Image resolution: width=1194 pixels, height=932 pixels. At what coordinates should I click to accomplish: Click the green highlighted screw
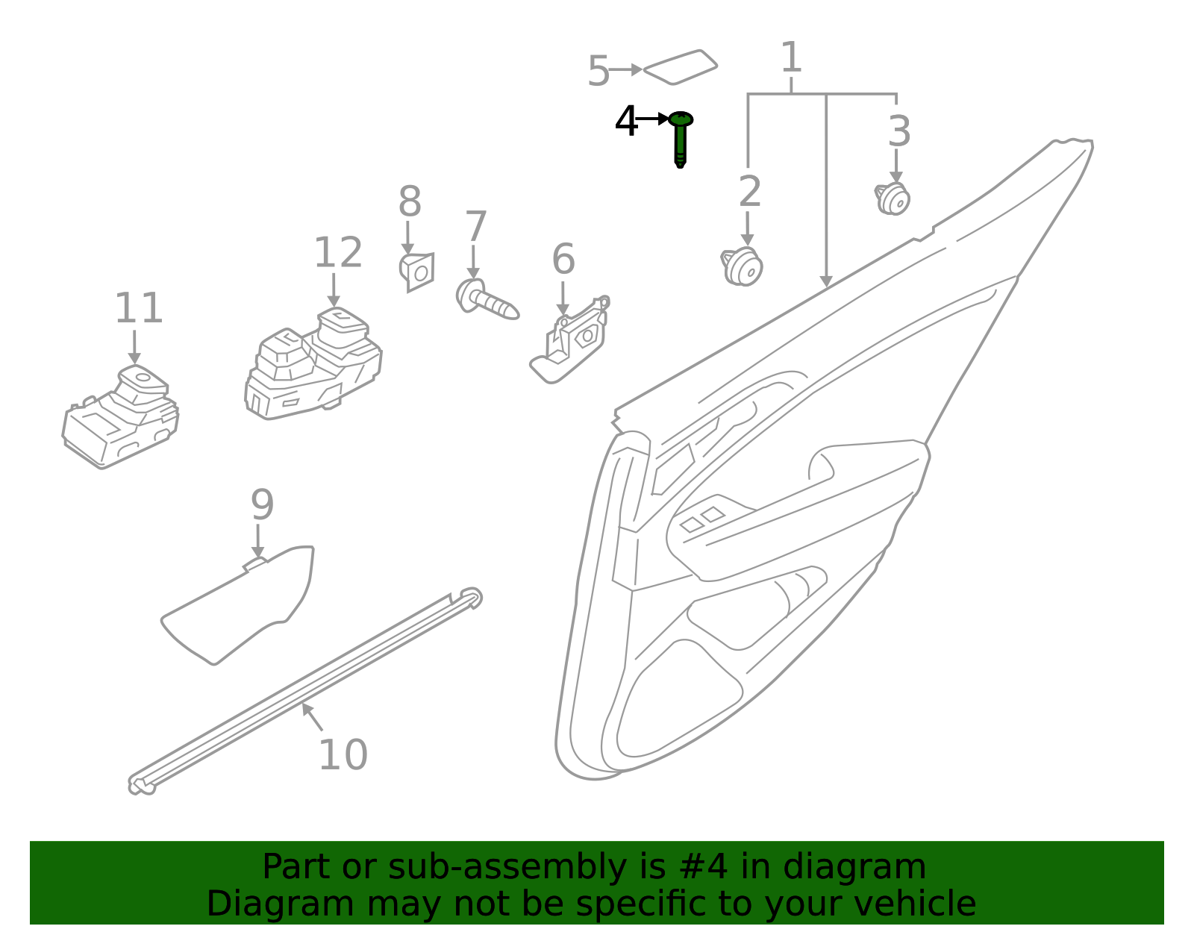click(x=681, y=139)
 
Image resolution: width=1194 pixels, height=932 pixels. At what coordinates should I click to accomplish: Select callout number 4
click(x=626, y=121)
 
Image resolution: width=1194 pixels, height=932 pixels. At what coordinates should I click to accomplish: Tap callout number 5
click(x=598, y=71)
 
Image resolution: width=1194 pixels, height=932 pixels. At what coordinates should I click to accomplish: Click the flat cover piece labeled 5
click(x=681, y=67)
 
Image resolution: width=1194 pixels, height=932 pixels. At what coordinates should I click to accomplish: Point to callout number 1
click(x=791, y=57)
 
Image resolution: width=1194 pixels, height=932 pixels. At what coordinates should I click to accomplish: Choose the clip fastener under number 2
click(x=742, y=266)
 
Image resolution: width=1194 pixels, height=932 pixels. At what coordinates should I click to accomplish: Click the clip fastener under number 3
click(x=893, y=198)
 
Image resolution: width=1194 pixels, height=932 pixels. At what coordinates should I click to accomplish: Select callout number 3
click(x=899, y=131)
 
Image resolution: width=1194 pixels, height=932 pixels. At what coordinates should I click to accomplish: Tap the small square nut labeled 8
click(x=417, y=272)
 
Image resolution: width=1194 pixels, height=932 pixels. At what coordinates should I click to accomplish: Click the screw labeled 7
click(x=487, y=299)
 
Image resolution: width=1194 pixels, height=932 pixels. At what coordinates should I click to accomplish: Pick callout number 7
click(x=476, y=225)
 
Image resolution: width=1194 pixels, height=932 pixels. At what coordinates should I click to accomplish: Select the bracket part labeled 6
click(x=570, y=340)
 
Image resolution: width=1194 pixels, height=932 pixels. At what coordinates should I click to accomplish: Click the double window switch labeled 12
click(x=313, y=363)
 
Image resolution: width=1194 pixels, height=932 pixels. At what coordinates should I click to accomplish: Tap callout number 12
click(x=338, y=253)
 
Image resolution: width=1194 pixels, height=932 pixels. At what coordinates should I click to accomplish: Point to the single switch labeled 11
click(x=120, y=417)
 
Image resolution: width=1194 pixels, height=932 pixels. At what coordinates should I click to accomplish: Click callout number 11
click(x=139, y=308)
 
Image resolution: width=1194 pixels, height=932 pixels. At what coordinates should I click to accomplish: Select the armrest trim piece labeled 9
click(x=237, y=605)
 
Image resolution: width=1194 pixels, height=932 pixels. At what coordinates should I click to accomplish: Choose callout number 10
click(x=343, y=755)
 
